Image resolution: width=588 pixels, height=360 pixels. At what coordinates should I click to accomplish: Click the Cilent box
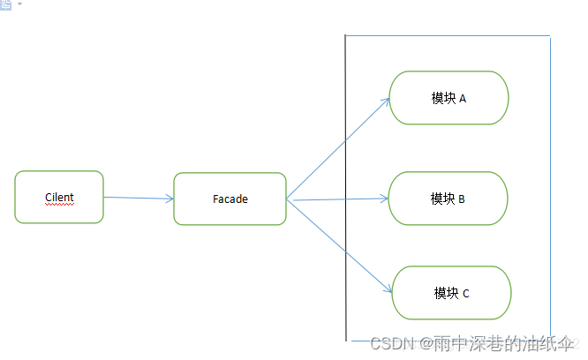point(59,197)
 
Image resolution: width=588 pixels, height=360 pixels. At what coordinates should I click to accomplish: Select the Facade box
point(230,199)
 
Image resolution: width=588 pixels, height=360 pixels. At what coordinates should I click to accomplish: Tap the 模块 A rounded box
point(449,98)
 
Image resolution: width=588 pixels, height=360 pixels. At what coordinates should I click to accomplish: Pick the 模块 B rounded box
point(448,199)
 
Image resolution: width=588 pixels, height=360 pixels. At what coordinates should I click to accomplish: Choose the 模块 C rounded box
point(451,292)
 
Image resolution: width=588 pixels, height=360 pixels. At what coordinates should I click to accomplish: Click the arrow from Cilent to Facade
point(139,199)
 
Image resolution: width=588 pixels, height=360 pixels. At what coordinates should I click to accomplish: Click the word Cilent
point(59,197)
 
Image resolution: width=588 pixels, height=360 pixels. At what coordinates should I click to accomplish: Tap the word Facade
point(230,199)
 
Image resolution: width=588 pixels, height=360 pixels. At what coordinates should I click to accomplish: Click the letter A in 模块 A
point(462,98)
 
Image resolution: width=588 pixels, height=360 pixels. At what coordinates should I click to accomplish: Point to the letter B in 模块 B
point(461,199)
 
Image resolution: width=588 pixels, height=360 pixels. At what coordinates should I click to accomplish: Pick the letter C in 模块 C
point(465,293)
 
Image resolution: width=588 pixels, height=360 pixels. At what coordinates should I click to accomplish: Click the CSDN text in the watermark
point(387,343)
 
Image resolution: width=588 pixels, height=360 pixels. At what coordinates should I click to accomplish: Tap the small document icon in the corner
point(6,4)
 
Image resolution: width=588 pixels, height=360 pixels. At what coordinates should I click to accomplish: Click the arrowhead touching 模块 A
point(386,101)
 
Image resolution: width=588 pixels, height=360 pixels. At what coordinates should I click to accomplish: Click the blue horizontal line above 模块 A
point(447,36)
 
